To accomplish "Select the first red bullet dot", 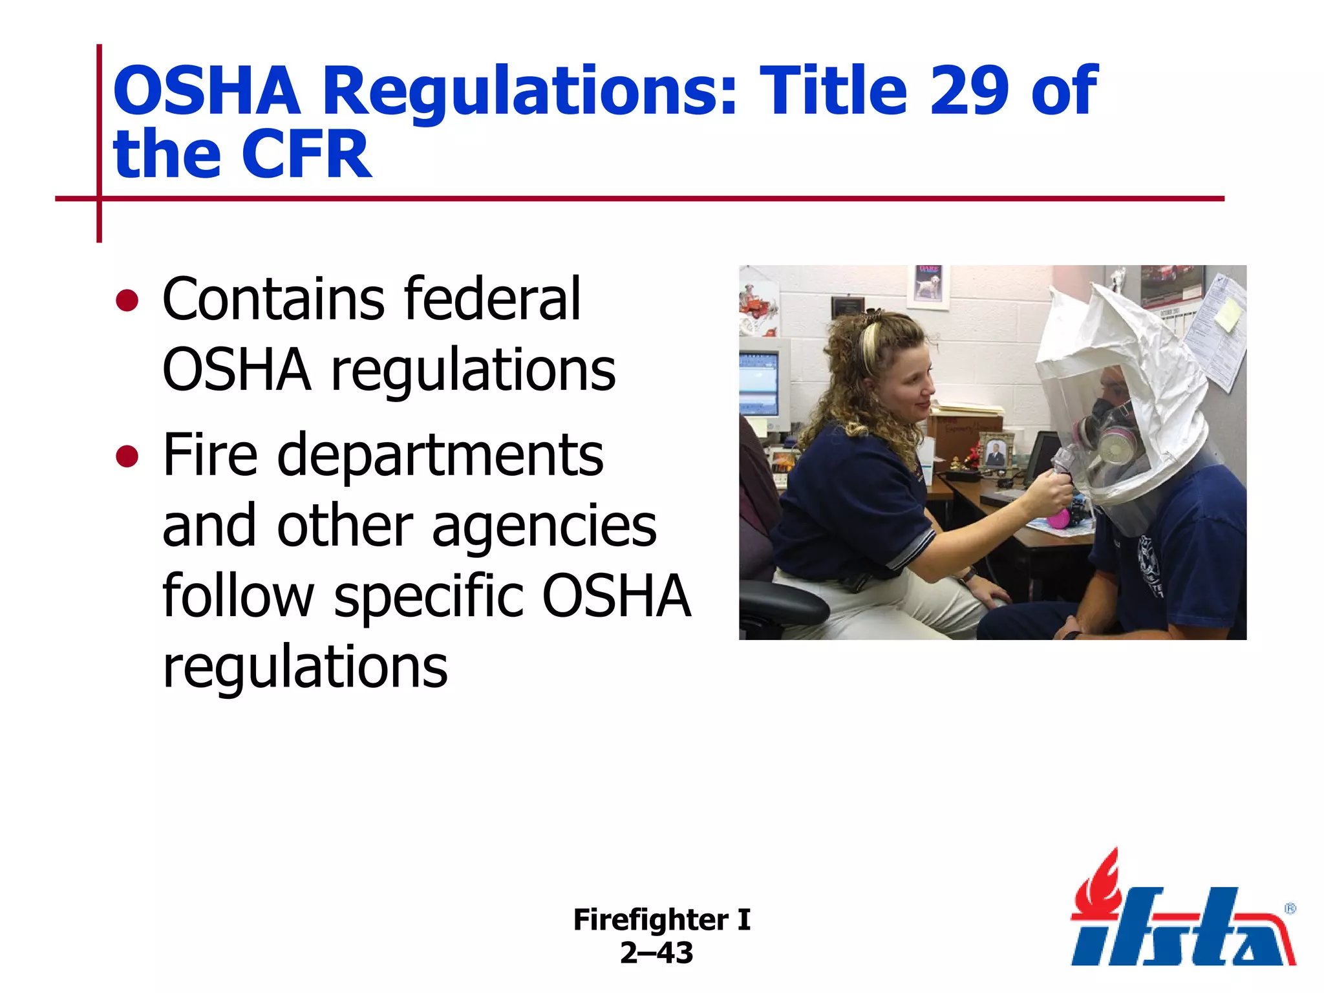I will tap(127, 301).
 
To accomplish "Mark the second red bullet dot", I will tap(127, 456).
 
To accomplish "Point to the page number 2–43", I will tap(656, 953).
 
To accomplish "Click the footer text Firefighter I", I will tap(661, 919).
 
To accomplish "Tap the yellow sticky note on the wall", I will tap(1227, 315).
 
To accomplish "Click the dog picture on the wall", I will tap(928, 284).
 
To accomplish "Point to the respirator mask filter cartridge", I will tap(1113, 446).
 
